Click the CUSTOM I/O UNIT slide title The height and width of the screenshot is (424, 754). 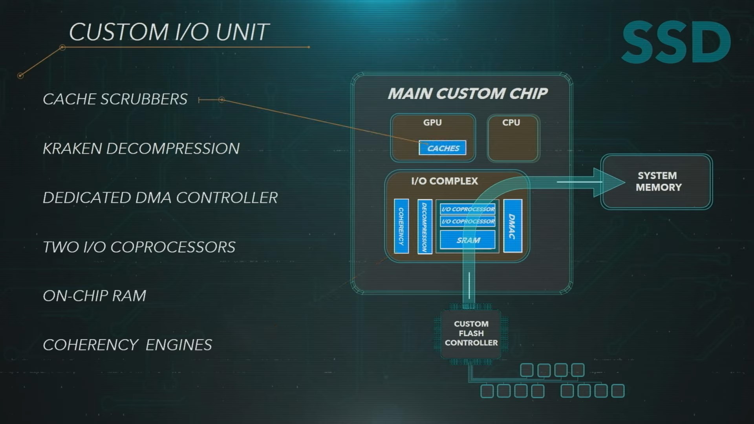point(169,32)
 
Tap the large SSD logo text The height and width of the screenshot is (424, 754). point(676,42)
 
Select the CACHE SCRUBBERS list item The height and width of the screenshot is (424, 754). point(115,99)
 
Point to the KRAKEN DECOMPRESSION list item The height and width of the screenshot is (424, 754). point(141,149)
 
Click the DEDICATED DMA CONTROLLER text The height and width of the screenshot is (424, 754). point(160,198)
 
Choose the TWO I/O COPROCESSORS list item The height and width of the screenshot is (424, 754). point(139,247)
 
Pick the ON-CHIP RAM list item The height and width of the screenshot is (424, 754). point(94,296)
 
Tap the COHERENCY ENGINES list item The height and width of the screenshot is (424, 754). point(127,345)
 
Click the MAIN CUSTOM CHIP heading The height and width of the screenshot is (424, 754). point(467,93)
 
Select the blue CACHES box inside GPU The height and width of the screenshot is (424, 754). point(443,148)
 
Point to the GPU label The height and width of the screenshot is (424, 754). point(432,122)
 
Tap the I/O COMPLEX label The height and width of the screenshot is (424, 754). point(445,181)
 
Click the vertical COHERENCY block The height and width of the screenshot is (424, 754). point(401,226)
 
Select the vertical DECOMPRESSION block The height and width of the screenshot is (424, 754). point(425,227)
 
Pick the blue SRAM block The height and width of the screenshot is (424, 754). point(468,240)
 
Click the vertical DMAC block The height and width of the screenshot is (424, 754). point(512,226)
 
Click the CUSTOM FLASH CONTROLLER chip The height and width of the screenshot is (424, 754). point(471,333)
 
